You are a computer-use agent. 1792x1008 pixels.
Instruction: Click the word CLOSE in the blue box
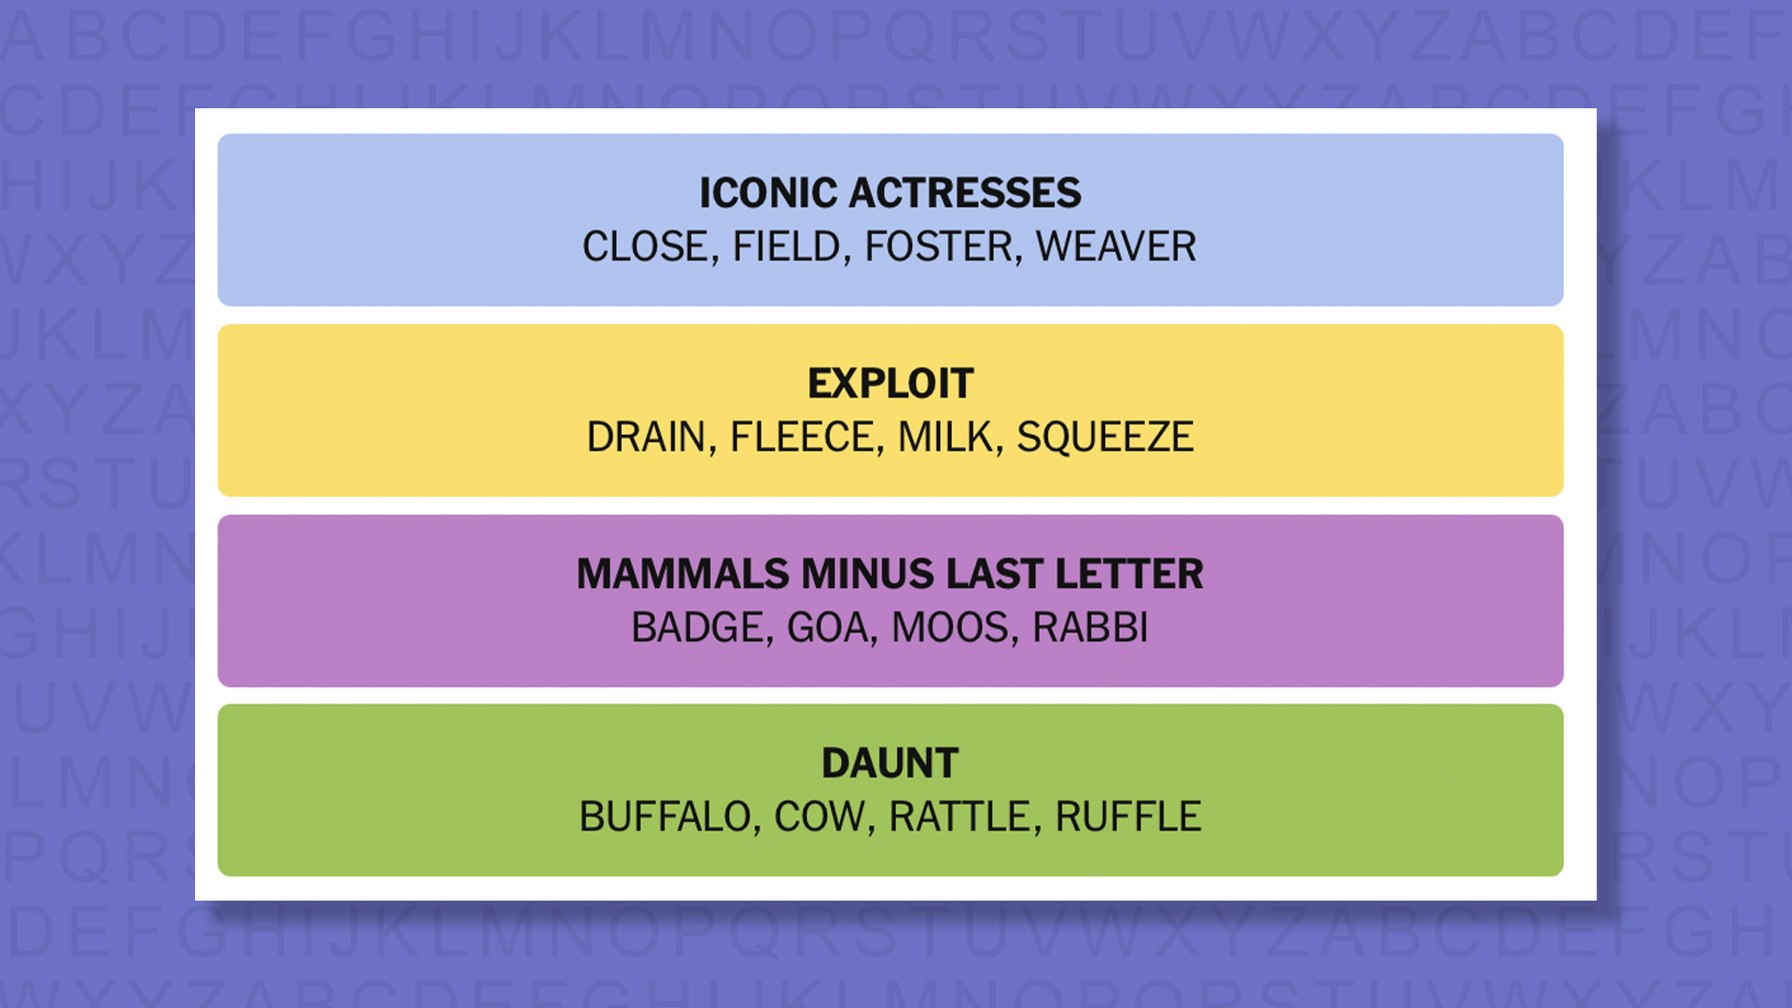pyautogui.click(x=645, y=247)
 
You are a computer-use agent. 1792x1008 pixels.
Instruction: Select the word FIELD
pyautogui.click(x=787, y=247)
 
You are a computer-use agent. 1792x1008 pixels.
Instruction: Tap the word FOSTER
pyautogui.click(x=939, y=247)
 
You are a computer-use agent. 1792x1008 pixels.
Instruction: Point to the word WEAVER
pyautogui.click(x=1115, y=247)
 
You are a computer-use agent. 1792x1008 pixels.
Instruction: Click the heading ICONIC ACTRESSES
pyautogui.click(x=890, y=193)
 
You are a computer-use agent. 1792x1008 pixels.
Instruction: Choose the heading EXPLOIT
pyautogui.click(x=890, y=384)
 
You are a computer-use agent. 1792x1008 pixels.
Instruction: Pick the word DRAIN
pyautogui.click(x=646, y=438)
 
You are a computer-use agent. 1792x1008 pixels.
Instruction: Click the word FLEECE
pyautogui.click(x=802, y=438)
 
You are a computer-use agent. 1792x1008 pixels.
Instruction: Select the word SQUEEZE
pyautogui.click(x=1105, y=438)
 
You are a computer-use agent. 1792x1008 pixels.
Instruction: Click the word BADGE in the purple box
pyautogui.click(x=697, y=628)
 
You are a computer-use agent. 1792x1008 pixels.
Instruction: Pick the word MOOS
pyautogui.click(x=950, y=628)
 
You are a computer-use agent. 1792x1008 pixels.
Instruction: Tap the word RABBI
pyautogui.click(x=1090, y=628)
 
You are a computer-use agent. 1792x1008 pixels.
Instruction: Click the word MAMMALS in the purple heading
pyautogui.click(x=682, y=574)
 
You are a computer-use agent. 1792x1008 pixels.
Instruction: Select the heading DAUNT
pyautogui.click(x=890, y=763)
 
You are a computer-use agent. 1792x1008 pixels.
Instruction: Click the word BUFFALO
pyautogui.click(x=665, y=818)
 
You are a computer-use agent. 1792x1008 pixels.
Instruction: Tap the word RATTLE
pyautogui.click(x=959, y=818)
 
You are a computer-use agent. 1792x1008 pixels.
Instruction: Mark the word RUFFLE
pyautogui.click(x=1127, y=818)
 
